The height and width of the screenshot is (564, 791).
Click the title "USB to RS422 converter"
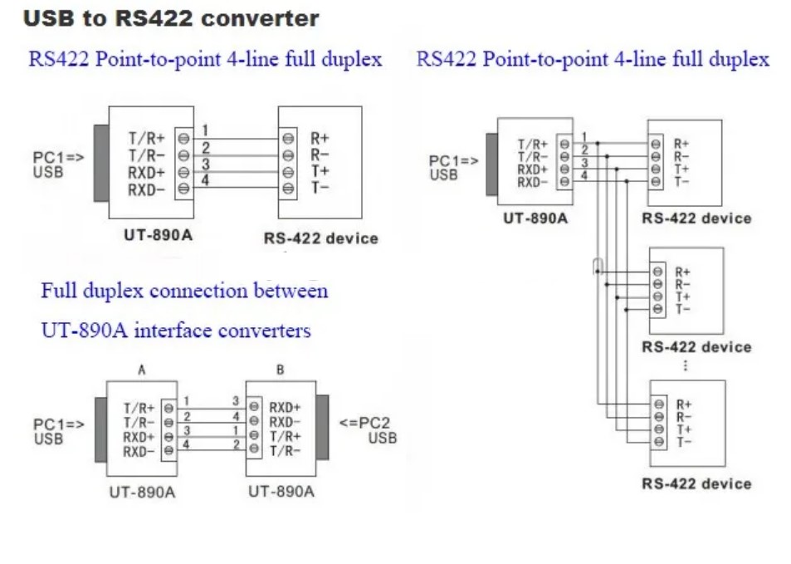pos(171,18)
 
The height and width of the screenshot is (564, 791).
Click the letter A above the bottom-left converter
pos(142,370)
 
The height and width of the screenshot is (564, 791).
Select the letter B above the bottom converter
pos(281,370)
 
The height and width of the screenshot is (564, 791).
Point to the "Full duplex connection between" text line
pos(184,291)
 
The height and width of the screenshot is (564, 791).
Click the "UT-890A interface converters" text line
pos(176,331)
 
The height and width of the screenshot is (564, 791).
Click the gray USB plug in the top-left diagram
pos(101,163)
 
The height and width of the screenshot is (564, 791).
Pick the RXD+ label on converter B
pos(285,408)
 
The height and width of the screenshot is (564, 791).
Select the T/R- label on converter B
pos(284,452)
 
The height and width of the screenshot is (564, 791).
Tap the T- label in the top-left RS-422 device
pos(320,188)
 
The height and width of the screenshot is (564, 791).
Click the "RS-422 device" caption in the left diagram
pos(320,238)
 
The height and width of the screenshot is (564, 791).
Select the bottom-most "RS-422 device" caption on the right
pos(696,483)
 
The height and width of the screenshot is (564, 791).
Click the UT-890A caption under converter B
pos(281,492)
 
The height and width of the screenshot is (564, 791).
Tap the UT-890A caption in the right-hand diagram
pos(535,218)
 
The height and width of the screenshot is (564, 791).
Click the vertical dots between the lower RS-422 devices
pos(685,365)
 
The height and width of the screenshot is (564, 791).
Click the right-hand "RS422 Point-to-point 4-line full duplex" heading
pos(593,59)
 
